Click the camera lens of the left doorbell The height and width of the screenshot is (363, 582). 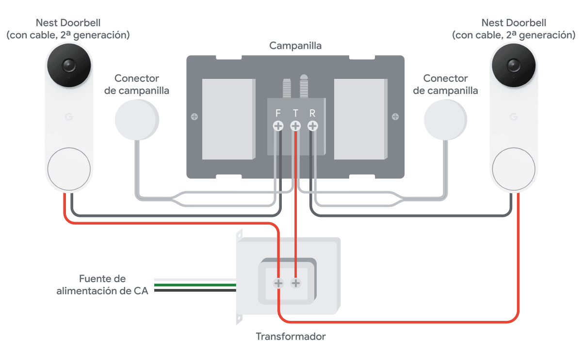[68, 64]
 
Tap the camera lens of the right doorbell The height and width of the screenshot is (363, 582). [514, 64]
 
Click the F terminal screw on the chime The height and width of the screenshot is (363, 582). [278, 126]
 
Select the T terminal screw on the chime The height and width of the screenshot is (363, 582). [295, 126]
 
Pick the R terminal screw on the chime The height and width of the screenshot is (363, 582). [313, 126]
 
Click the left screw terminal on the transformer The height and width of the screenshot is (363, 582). [278, 283]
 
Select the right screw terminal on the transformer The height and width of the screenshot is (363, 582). [295, 283]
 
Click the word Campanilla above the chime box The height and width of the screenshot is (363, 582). [295, 46]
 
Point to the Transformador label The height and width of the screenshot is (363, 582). [291, 336]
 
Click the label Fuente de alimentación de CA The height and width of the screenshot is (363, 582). [102, 285]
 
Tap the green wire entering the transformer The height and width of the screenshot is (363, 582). [194, 285]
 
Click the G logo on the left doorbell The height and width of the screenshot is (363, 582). [68, 117]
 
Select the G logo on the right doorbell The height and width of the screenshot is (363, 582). [514, 117]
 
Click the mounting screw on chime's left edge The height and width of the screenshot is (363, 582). [194, 117]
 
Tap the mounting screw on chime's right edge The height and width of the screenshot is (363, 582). [396, 117]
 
